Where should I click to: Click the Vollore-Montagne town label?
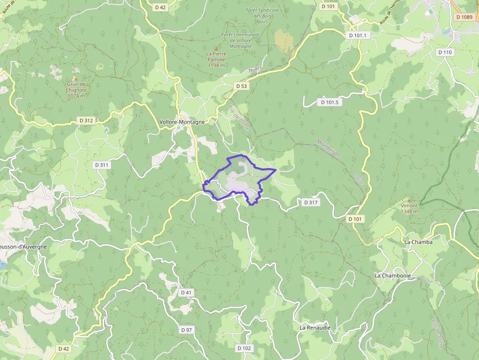[182, 122]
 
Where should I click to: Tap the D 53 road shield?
[241, 86]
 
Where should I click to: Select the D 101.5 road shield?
[330, 102]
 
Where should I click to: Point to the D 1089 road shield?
[463, 17]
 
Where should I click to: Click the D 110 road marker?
[445, 52]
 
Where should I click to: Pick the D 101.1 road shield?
[358, 36]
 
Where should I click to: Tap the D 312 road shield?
[86, 120]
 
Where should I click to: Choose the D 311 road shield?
[101, 165]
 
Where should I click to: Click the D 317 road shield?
[311, 202]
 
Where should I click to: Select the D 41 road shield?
[186, 292]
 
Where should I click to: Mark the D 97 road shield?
[186, 330]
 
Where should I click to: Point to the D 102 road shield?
[244, 348]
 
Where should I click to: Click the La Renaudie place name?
[315, 328]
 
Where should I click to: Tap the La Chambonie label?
[392, 275]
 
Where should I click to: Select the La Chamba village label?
[418, 242]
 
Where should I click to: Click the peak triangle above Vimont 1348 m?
[409, 200]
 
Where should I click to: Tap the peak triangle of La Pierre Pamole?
[216, 48]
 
